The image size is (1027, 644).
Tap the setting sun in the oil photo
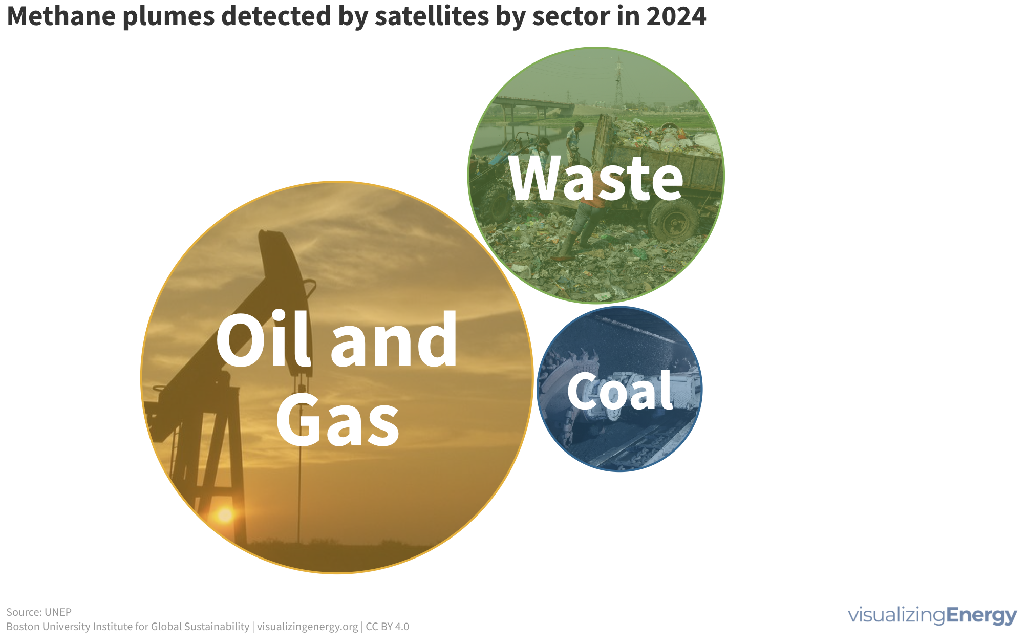(225, 514)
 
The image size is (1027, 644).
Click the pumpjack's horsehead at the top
(280, 266)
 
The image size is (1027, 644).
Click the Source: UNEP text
(39, 612)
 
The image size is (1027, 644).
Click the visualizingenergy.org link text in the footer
(307, 627)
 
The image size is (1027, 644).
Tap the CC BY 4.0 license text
(387, 627)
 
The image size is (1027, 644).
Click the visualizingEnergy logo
(932, 615)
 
